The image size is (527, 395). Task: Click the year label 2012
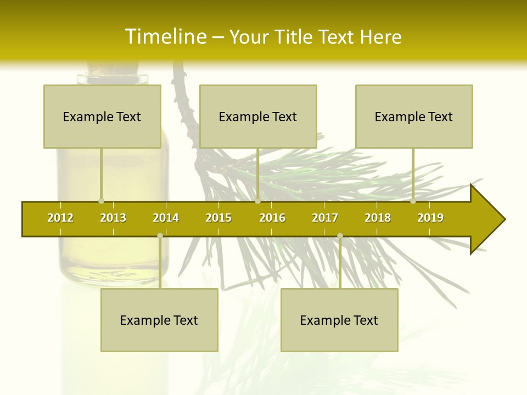coord(60,218)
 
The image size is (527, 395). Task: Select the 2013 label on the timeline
coord(113,218)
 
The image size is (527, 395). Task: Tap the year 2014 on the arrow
coord(166,218)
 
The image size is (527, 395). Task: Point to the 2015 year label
coord(218,218)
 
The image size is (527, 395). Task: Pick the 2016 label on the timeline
coord(272,218)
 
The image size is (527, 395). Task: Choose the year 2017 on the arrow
coord(325,218)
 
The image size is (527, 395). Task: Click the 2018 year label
coord(378,218)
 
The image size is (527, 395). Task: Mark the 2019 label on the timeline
coord(430,218)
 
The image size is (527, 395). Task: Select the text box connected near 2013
coord(102,116)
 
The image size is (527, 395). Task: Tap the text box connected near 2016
coord(258,116)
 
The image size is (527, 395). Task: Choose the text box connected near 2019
coord(414,116)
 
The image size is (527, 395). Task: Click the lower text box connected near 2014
coord(159,320)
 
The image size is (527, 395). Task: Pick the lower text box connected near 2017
coord(339,320)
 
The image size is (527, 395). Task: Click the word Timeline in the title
coord(165,37)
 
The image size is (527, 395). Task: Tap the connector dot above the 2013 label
coord(101,201)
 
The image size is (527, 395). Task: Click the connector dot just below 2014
coord(160,236)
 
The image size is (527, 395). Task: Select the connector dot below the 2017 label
coord(340,236)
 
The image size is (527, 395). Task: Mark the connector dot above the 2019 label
coord(413,201)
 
